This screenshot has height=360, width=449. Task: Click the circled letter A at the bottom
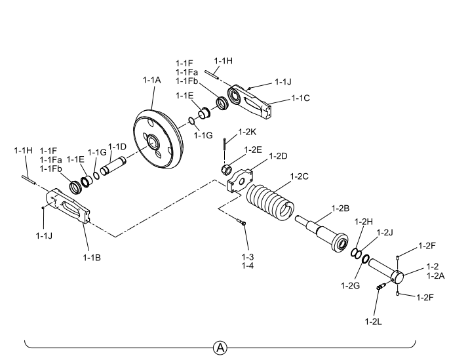(220, 348)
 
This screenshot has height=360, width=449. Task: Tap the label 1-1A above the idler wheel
(152, 80)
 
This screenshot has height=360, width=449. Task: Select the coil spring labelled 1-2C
(270, 202)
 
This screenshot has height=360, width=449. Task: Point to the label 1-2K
(247, 132)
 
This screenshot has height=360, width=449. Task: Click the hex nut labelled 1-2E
(226, 170)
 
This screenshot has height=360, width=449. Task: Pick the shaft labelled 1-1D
(113, 166)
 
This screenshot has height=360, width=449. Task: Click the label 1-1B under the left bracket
(92, 258)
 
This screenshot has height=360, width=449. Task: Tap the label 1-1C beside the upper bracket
(301, 98)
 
